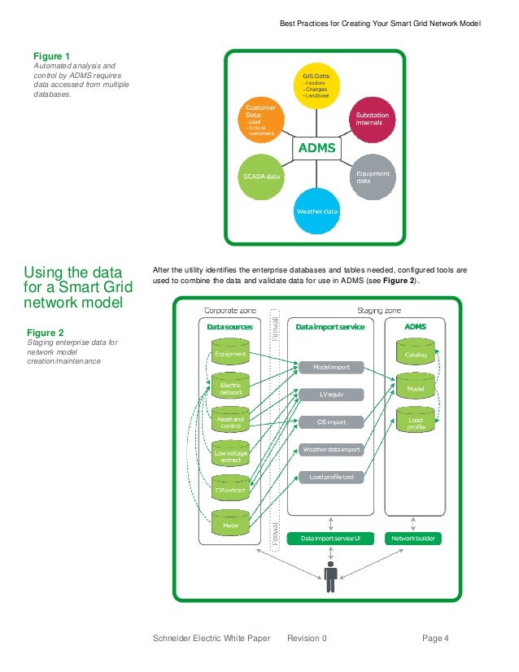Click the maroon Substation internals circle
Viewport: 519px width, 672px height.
pyautogui.click(x=373, y=119)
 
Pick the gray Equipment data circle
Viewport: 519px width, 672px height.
pyautogui.click(x=373, y=177)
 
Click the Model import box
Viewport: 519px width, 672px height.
pyautogui.click(x=330, y=367)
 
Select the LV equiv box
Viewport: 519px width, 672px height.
pyautogui.click(x=330, y=395)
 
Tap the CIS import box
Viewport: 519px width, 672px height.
pyautogui.click(x=330, y=422)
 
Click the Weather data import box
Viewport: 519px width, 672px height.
pyautogui.click(x=330, y=449)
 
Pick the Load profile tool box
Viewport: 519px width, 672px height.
pyautogui.click(x=330, y=477)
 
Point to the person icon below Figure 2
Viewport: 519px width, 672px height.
pyautogui.click(x=330, y=577)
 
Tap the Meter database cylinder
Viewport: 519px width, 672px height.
pyautogui.click(x=230, y=521)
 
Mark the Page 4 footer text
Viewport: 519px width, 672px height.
pyautogui.click(x=435, y=639)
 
